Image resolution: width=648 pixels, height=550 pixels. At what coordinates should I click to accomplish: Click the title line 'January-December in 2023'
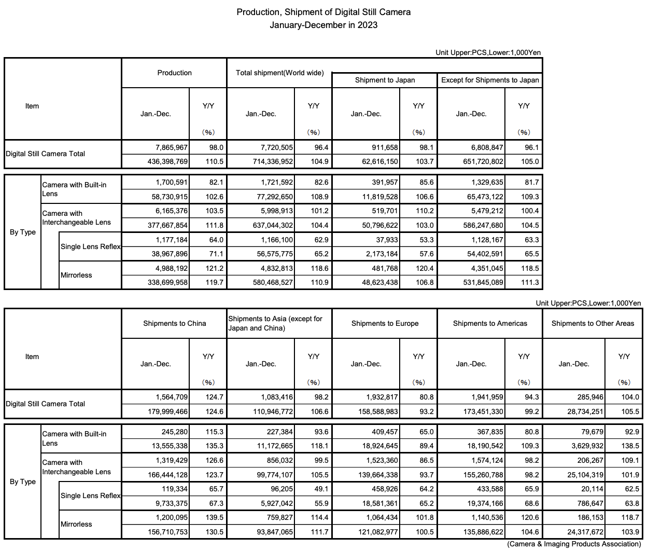click(x=323, y=25)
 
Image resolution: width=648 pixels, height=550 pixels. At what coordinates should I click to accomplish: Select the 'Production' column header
click(x=174, y=73)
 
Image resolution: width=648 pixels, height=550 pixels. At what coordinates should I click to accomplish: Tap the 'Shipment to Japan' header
click(x=385, y=80)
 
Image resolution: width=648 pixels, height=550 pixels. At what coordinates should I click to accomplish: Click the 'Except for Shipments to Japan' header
click(x=490, y=80)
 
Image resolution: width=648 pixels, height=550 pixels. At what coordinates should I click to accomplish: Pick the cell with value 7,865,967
click(x=172, y=147)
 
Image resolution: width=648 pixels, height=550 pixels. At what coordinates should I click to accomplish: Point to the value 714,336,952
click(x=270, y=161)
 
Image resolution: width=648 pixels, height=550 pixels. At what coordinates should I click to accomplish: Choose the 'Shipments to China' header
click(x=174, y=323)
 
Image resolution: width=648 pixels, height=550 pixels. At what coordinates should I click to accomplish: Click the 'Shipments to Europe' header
click(x=385, y=323)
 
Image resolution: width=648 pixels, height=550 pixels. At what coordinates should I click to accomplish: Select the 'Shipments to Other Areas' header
click(x=593, y=323)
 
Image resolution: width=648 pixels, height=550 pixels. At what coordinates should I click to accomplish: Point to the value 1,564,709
click(x=172, y=397)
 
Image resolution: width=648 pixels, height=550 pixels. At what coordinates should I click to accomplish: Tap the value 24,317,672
click(x=582, y=532)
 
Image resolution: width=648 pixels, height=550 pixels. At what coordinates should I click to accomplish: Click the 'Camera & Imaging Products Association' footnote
click(x=574, y=544)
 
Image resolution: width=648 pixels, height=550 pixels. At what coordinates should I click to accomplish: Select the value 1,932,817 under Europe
click(x=382, y=397)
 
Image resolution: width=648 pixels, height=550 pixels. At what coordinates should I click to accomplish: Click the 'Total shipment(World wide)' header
click(x=279, y=73)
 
